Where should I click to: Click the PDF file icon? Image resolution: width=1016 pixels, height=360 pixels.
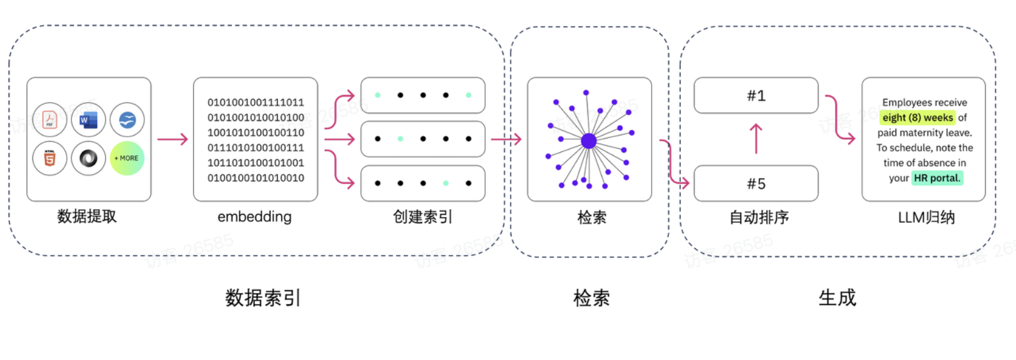50,119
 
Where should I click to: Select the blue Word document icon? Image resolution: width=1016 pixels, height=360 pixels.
88,119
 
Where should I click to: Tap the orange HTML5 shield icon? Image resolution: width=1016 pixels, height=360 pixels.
50,158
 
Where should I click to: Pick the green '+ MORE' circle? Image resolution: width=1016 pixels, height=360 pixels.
127,158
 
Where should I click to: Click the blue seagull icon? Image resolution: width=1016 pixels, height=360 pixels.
127,119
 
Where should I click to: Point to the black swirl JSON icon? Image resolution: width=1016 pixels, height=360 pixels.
88,158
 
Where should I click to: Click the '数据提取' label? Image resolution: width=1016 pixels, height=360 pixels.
87,216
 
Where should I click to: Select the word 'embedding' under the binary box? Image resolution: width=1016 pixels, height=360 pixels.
254,216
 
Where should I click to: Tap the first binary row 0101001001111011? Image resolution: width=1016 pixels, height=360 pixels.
256,103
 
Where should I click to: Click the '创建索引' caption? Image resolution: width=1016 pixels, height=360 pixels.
423,217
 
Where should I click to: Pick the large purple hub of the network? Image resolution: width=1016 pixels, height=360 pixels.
588,141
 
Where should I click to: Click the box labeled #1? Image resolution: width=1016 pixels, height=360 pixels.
756,95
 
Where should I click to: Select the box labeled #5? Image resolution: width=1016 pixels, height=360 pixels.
756,183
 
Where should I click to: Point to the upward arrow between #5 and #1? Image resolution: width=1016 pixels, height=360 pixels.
756,139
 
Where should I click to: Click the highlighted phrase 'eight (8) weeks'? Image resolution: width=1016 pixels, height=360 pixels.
918,118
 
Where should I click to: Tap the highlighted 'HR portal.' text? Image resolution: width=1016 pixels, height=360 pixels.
937,178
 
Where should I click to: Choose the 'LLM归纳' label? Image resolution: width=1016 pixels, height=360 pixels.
926,217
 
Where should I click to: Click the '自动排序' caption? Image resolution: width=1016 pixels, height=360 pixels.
759,217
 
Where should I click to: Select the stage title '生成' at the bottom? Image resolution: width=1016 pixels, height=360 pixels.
837,298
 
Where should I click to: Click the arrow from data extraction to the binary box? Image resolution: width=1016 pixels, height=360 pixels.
172,139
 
